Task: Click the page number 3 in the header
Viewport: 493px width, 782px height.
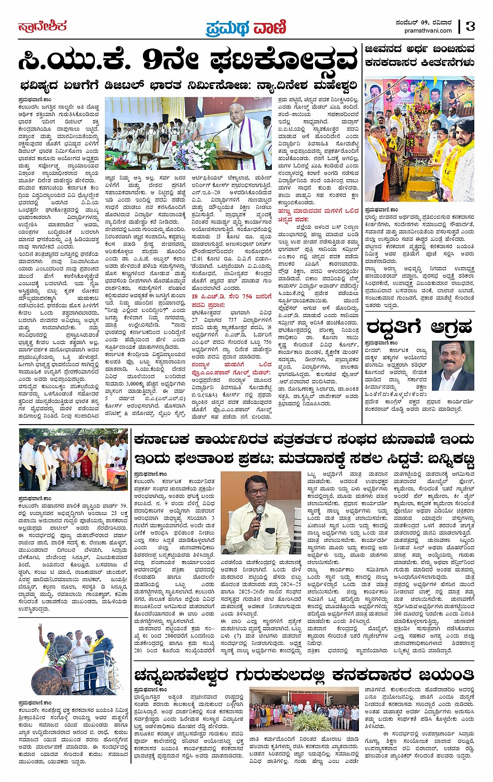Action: pyautogui.click(x=471, y=27)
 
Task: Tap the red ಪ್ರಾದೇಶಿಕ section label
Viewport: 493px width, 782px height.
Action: pyautogui.click(x=42, y=26)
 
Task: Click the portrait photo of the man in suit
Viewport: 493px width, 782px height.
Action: pyautogui.click(x=453, y=366)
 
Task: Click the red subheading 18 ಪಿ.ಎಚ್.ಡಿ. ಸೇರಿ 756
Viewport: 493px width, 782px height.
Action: pyautogui.click(x=232, y=296)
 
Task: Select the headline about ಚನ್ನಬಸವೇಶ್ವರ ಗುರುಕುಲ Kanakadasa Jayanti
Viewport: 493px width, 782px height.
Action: pyautogui.click(x=304, y=675)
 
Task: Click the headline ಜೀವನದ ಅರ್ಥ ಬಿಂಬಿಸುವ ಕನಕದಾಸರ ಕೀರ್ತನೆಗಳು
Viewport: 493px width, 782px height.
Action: pyautogui.click(x=420, y=56)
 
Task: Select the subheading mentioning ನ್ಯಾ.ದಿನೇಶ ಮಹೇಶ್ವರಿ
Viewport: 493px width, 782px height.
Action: pyautogui.click(x=188, y=85)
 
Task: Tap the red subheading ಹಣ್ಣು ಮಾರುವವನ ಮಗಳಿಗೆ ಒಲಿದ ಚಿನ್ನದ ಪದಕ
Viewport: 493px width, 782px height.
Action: pyautogui.click(x=318, y=215)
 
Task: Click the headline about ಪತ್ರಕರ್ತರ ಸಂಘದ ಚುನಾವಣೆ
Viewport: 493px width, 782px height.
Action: pyautogui.click(x=304, y=450)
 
